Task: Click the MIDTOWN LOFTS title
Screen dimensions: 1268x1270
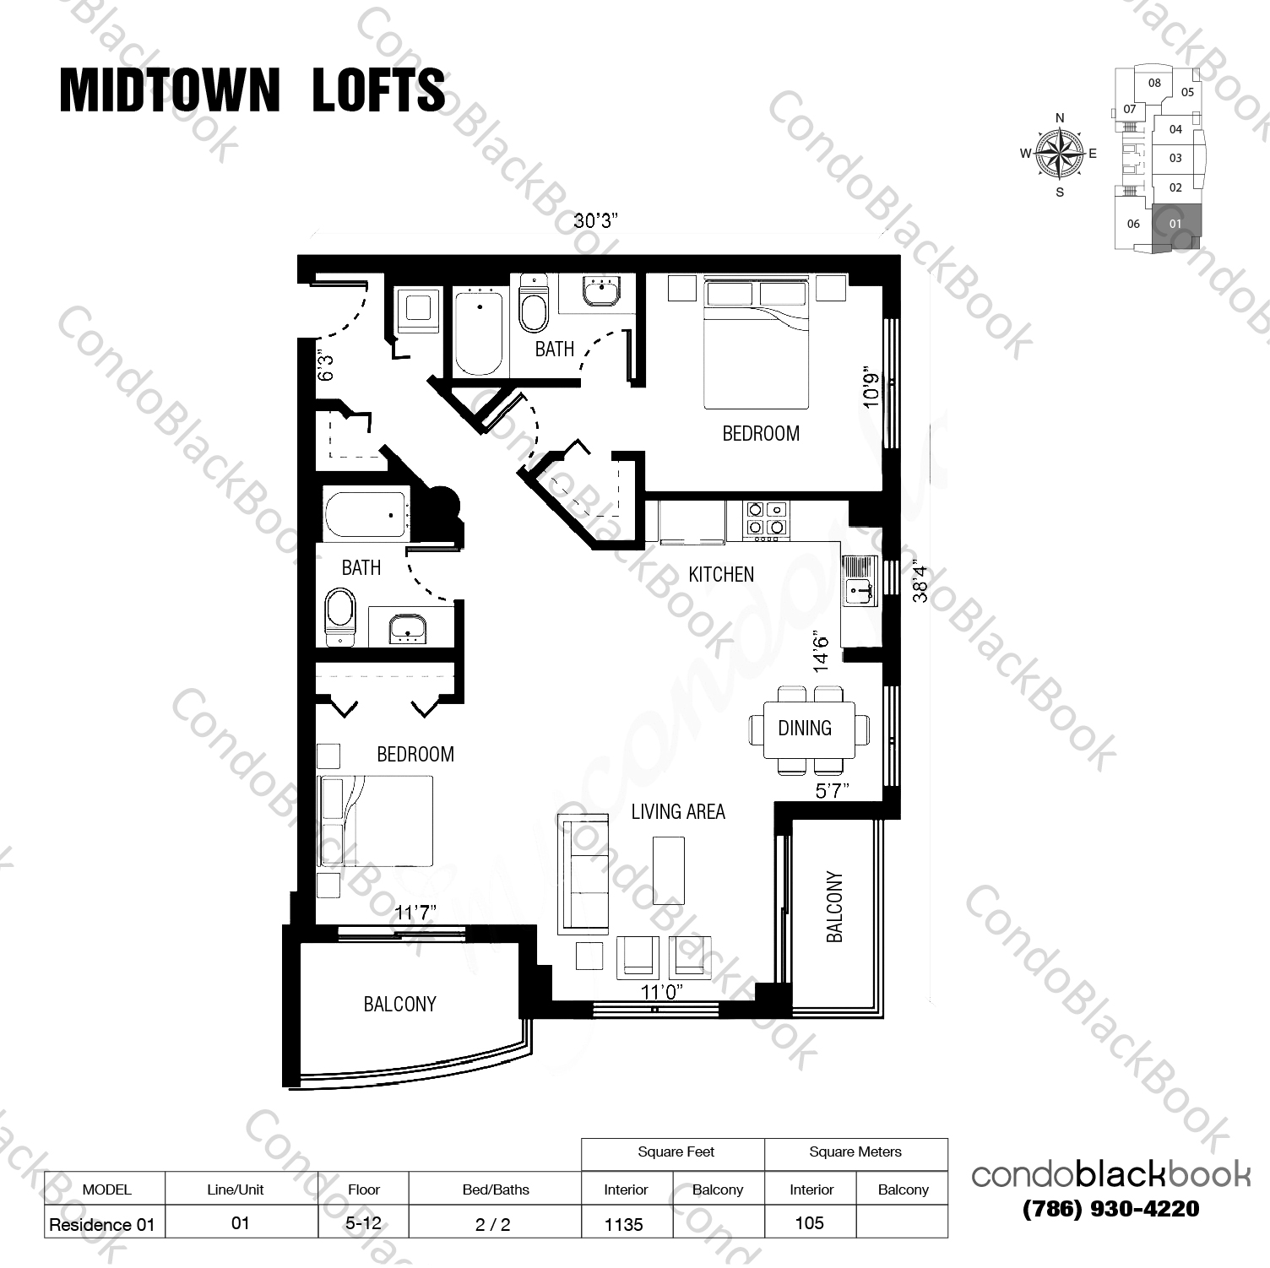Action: point(252,89)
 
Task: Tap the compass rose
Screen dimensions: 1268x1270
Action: point(1059,154)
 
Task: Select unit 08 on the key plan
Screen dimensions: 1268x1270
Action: point(1154,83)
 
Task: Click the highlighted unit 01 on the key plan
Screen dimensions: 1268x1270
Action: point(1175,224)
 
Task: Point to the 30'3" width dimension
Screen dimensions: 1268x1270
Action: point(596,221)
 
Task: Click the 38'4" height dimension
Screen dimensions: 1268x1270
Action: point(920,583)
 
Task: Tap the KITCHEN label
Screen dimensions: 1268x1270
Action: point(721,575)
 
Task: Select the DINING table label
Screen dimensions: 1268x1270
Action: point(805,728)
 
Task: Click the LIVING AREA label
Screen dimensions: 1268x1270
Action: point(678,812)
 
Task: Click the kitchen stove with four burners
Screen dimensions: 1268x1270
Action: point(767,519)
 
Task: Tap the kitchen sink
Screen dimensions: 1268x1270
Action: point(859,581)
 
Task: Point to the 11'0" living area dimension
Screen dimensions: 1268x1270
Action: point(661,992)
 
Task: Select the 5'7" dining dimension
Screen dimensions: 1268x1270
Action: point(832,791)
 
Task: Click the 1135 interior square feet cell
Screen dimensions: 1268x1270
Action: point(624,1224)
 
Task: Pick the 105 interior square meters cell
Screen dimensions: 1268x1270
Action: point(809,1223)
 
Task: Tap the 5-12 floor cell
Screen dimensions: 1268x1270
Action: point(364,1223)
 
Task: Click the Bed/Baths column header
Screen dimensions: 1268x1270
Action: point(496,1189)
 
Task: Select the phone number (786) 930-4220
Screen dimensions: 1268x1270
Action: point(1110,1209)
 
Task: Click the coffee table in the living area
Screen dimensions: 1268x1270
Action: point(669,870)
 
